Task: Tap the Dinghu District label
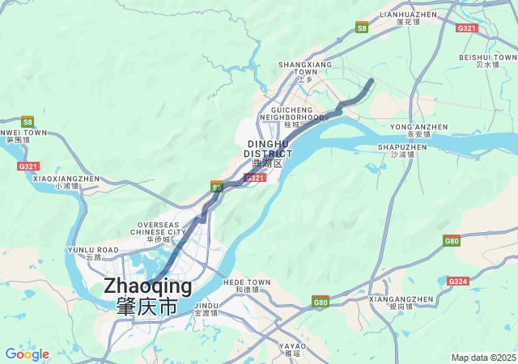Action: coord(268,153)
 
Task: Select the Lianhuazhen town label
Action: coord(409,18)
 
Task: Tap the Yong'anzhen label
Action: coord(418,130)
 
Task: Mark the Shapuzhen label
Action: coord(402,150)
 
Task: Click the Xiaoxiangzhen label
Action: coord(66,182)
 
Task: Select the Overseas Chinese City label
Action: coord(159,231)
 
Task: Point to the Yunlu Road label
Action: coord(93,253)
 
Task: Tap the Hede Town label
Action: coord(247,285)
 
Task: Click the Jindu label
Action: coord(206,309)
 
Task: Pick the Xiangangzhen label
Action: coord(401,303)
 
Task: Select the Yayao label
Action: coord(293,349)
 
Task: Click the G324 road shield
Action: coord(457,281)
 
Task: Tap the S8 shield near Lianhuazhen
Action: coord(362,27)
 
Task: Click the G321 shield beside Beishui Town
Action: coord(467,28)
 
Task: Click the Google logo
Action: coord(27,354)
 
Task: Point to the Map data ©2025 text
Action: coord(483,358)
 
